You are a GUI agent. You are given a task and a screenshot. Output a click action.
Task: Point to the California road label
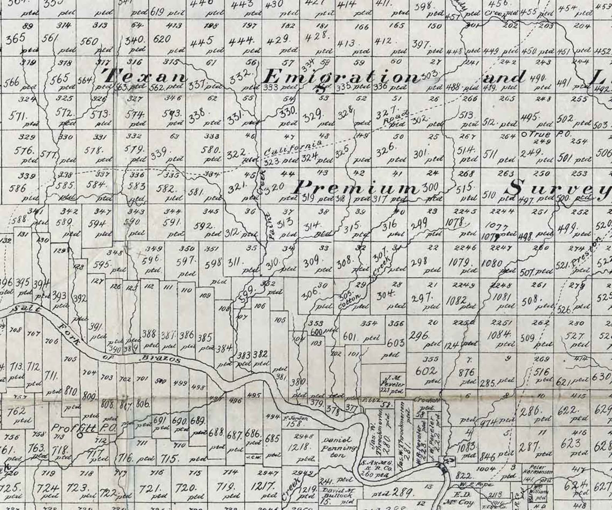(x=293, y=149)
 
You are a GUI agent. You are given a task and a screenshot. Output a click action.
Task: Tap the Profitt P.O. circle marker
(x=80, y=435)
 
